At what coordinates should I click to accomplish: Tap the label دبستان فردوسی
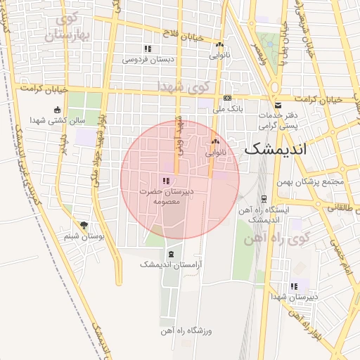pyautogui.click(x=148, y=60)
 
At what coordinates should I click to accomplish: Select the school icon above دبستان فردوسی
pyautogui.click(x=148, y=49)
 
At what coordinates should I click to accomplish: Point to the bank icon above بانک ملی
pyautogui.click(x=227, y=98)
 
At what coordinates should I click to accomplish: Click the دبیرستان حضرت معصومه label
pyautogui.click(x=166, y=196)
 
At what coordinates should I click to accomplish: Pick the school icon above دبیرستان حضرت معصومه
pyautogui.click(x=165, y=181)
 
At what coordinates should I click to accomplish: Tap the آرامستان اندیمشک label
pyautogui.click(x=171, y=264)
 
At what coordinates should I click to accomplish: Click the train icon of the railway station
pyautogui.click(x=264, y=199)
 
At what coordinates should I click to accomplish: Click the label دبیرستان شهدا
pyautogui.click(x=295, y=297)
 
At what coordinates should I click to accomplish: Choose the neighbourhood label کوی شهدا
pyautogui.click(x=184, y=86)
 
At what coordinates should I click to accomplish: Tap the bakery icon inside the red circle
pyautogui.click(x=214, y=143)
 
